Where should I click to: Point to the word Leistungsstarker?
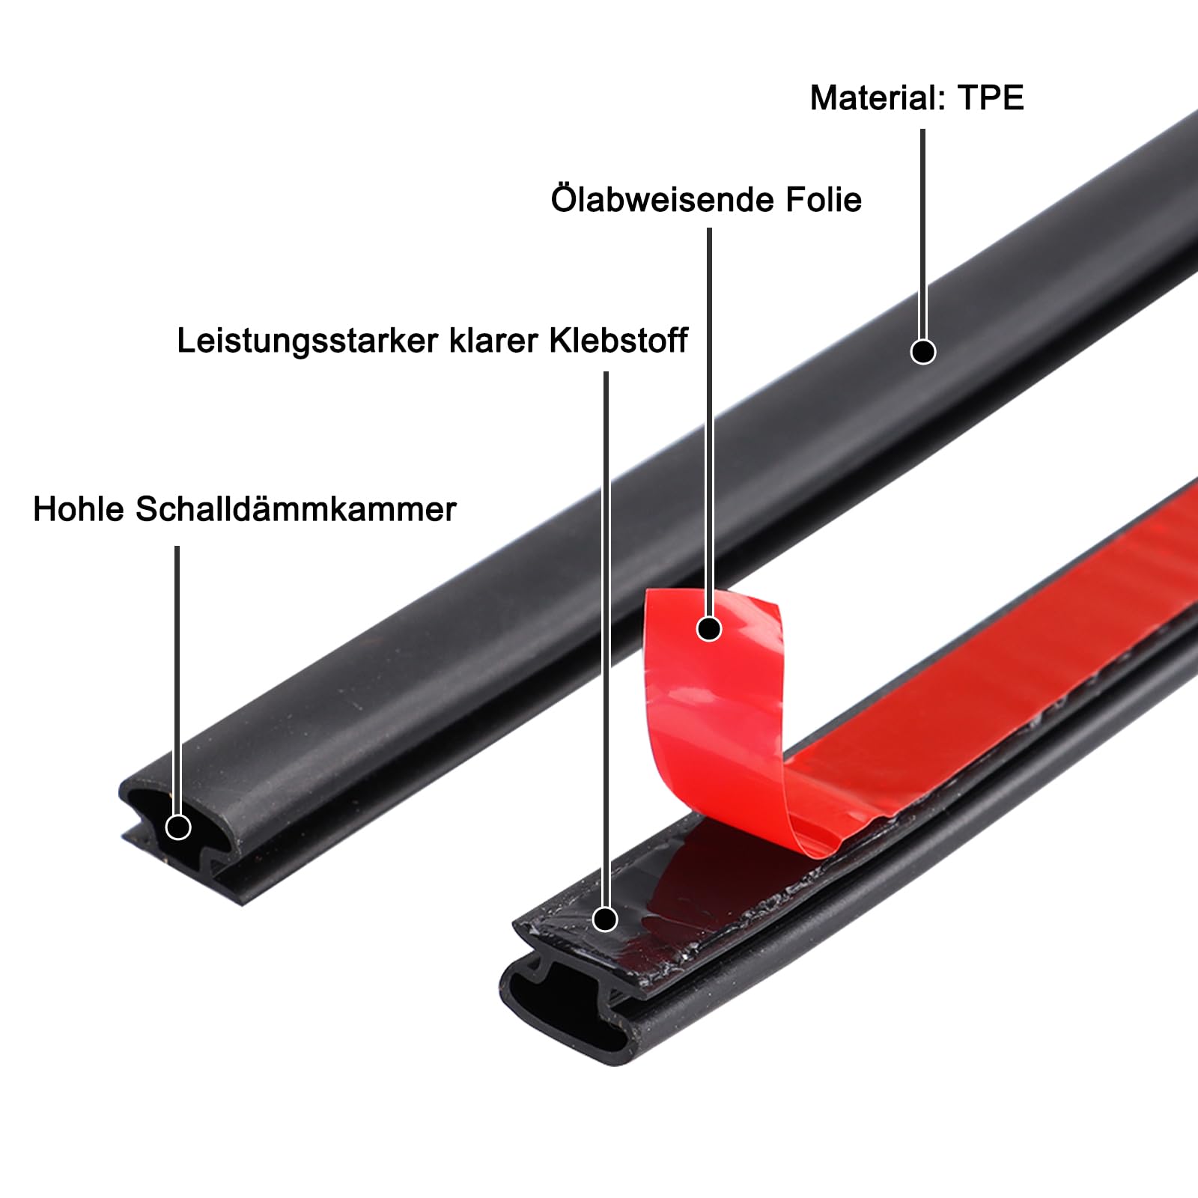[307, 341]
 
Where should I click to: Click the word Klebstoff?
[618, 341]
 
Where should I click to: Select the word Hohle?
[78, 510]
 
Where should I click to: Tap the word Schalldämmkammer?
[296, 510]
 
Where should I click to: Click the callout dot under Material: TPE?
[922, 351]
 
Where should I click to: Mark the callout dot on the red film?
[708, 628]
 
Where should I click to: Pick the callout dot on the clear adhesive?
[605, 919]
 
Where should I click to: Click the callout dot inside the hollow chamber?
[178, 827]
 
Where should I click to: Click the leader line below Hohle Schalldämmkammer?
[177, 674]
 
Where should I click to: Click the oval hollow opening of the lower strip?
[569, 1011]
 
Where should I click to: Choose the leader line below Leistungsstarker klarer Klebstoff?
[606, 636]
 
